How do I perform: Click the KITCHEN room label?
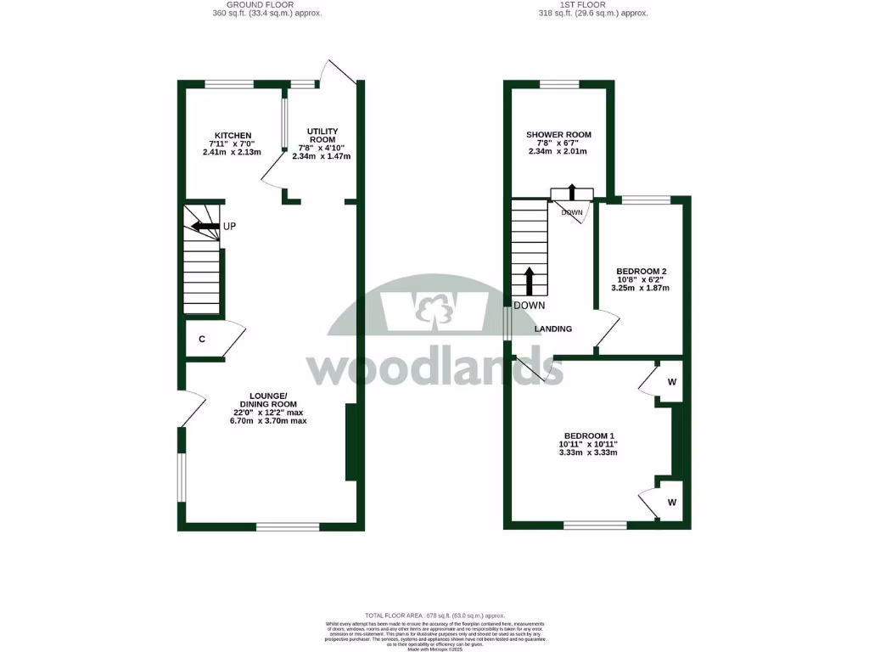pos(233,136)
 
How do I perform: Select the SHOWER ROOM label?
pos(558,135)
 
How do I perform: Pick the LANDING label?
pos(553,329)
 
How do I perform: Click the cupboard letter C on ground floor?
pos(202,340)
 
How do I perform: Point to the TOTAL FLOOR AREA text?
pos(434,615)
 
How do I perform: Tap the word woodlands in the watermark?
pos(434,368)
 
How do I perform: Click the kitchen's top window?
pos(229,84)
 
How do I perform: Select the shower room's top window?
pos(559,84)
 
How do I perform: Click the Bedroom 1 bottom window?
pos(596,526)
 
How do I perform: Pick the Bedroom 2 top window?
pos(646,200)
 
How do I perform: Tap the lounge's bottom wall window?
pos(288,527)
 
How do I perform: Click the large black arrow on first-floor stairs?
pos(530,281)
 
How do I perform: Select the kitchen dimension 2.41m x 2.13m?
pos(232,153)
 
